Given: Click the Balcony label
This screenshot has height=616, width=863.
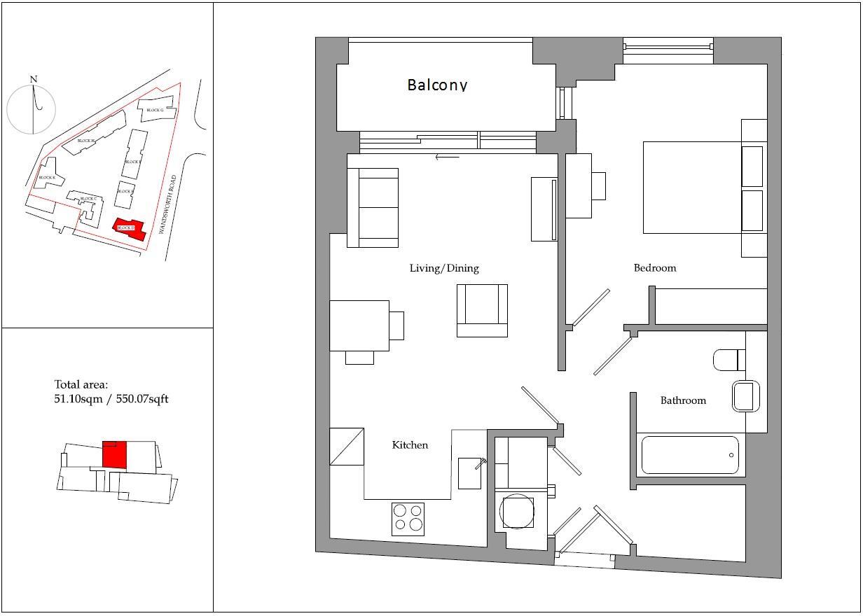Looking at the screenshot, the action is pyautogui.click(x=437, y=85).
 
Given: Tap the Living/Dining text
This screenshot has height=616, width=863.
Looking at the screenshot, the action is pyautogui.click(x=444, y=268).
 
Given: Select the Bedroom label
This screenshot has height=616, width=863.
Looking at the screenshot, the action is pyautogui.click(x=655, y=268).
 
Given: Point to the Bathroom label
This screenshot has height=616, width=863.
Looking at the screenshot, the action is pyautogui.click(x=683, y=400).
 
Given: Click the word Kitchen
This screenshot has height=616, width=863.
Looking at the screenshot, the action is pyautogui.click(x=410, y=445).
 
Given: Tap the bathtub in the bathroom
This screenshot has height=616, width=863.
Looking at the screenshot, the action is pyautogui.click(x=690, y=455).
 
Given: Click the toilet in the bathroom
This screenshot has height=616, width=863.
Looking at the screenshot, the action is pyautogui.click(x=729, y=360).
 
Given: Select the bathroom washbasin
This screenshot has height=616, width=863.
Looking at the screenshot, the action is pyautogui.click(x=745, y=396).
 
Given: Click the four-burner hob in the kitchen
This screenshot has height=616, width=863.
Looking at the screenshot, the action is pyautogui.click(x=408, y=519).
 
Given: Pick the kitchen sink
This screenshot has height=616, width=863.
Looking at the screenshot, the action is pyautogui.click(x=469, y=473).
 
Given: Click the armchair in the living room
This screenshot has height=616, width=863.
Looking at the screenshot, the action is pyautogui.click(x=482, y=310).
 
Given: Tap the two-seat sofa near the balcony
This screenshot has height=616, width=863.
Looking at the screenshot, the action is pyautogui.click(x=373, y=207).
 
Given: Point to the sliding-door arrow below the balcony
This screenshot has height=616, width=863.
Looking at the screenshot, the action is pyautogui.click(x=447, y=157).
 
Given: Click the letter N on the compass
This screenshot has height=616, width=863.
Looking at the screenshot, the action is pyautogui.click(x=34, y=79).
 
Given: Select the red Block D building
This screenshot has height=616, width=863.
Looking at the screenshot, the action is pyautogui.click(x=130, y=229).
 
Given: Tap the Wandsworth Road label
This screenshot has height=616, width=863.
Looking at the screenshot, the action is pyautogui.click(x=167, y=204).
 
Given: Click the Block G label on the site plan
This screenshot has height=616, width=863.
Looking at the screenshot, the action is pyautogui.click(x=154, y=110).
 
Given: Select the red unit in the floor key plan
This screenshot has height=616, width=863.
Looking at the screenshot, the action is pyautogui.click(x=114, y=455).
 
